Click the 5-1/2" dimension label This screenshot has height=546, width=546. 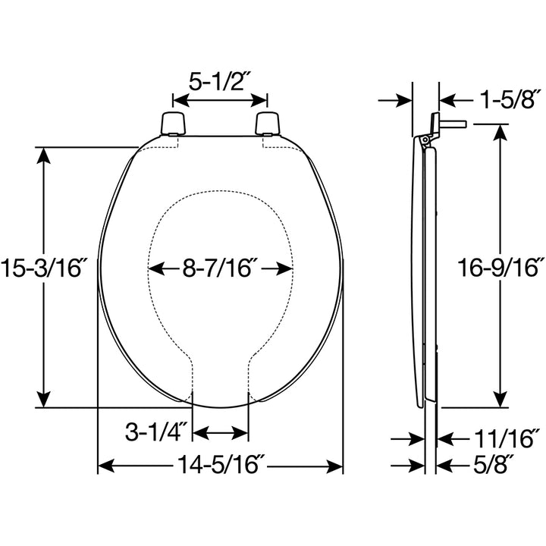(220, 81)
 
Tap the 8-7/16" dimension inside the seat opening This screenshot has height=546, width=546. (221, 268)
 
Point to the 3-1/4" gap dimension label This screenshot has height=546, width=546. (156, 433)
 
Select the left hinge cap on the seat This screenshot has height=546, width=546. (174, 123)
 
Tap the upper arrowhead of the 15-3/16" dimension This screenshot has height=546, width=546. (45, 155)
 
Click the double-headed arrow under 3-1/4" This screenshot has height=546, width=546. (221, 433)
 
